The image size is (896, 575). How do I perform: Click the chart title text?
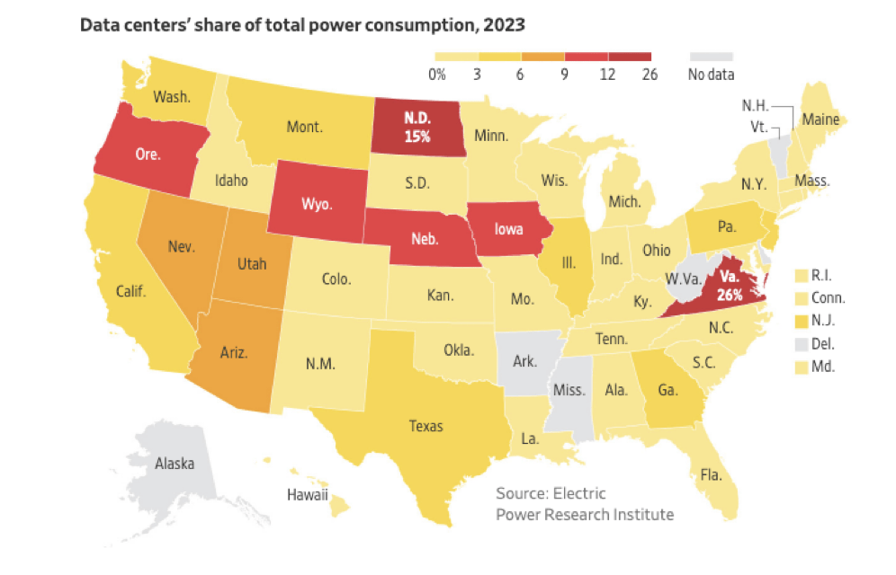(302, 24)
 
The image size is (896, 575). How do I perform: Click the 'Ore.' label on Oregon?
(148, 154)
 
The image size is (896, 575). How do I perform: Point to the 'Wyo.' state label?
(317, 203)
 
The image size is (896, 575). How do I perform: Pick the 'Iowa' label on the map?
(510, 228)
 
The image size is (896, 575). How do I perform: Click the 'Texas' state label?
(426, 426)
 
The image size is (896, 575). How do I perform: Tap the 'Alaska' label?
(174, 464)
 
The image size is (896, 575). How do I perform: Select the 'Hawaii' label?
(307, 494)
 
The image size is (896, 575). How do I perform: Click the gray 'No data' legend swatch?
(711, 56)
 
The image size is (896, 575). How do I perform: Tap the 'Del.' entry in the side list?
(826, 342)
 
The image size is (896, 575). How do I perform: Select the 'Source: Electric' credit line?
(551, 493)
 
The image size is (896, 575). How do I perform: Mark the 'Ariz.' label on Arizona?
(236, 353)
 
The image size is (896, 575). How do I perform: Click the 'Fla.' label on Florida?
(710, 473)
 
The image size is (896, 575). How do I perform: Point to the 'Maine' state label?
(820, 119)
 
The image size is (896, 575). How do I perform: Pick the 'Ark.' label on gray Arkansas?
(524, 362)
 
